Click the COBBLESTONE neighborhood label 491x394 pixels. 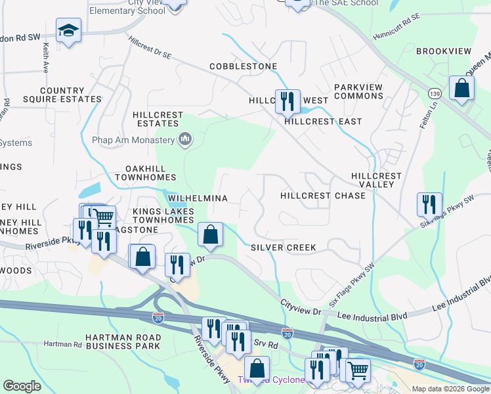tap(243, 66)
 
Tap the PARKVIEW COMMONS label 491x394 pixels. tap(358, 91)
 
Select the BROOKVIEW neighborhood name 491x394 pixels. tap(444, 51)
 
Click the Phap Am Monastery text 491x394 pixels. tap(134, 139)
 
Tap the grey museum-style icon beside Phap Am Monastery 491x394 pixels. tap(185, 139)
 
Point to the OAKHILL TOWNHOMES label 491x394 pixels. tap(145, 173)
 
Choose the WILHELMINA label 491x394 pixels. tap(198, 198)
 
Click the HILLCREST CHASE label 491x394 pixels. tap(322, 196)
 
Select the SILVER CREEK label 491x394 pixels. tap(284, 248)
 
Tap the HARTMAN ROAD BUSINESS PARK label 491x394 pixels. tap(123, 341)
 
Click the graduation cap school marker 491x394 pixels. tap(68, 31)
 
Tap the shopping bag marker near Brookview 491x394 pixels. tap(462, 88)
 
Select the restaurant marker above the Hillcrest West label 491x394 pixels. tap(287, 101)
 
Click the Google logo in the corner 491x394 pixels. tap(22, 386)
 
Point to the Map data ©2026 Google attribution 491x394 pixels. tap(450, 389)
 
